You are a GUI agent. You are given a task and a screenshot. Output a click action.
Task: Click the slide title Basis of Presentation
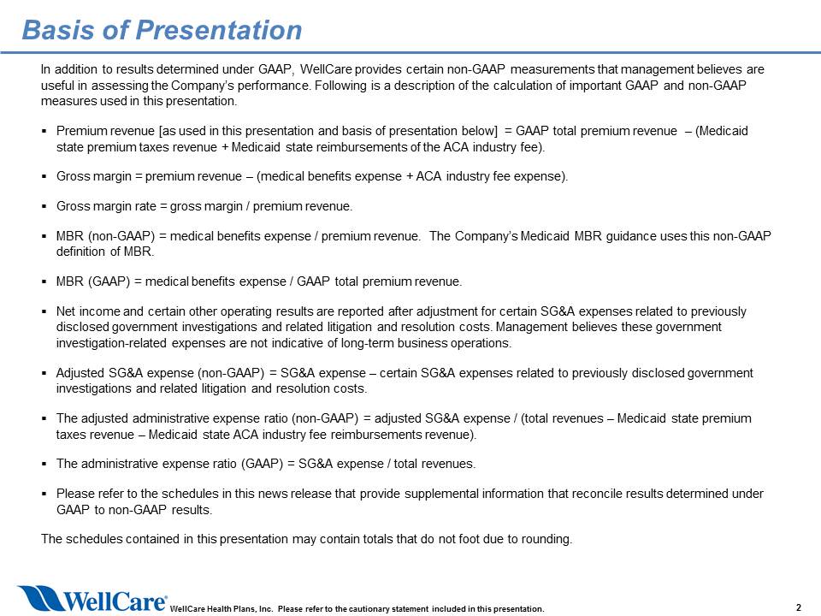(162, 30)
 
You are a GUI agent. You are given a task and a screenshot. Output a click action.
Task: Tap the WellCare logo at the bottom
(92, 598)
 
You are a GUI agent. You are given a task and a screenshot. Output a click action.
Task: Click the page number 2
(799, 607)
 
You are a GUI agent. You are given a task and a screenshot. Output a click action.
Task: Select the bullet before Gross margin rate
(44, 206)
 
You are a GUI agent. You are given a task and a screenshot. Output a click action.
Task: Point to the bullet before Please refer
(44, 494)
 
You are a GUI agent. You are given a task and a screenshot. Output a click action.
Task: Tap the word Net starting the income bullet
(66, 311)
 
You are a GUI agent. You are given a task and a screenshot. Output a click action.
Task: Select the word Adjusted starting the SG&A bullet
(80, 373)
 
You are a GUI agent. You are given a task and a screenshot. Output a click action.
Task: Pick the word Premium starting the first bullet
(80, 131)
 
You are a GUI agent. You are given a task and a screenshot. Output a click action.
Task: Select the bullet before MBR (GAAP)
(44, 281)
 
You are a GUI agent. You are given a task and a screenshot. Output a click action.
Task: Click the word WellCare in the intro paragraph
(326, 69)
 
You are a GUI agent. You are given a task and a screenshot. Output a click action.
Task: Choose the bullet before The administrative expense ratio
(44, 464)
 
